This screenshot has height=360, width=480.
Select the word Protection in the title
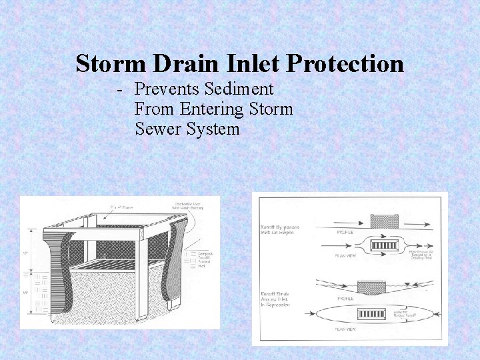click(x=345, y=64)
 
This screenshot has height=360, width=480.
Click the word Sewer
click(x=158, y=129)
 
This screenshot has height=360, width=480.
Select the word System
click(x=213, y=129)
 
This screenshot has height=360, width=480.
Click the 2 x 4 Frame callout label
click(x=122, y=208)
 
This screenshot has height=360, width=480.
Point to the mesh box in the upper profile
click(x=384, y=219)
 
